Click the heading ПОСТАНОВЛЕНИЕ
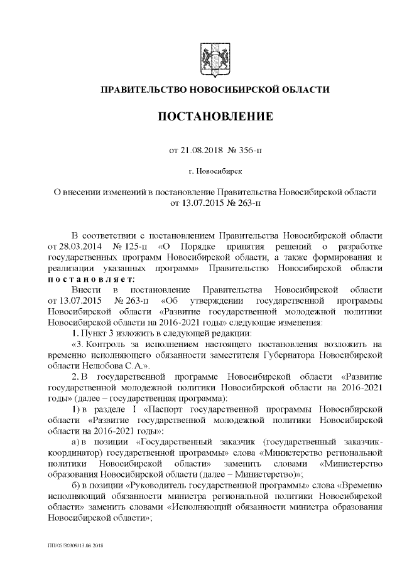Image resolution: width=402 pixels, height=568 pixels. pos(214,117)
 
